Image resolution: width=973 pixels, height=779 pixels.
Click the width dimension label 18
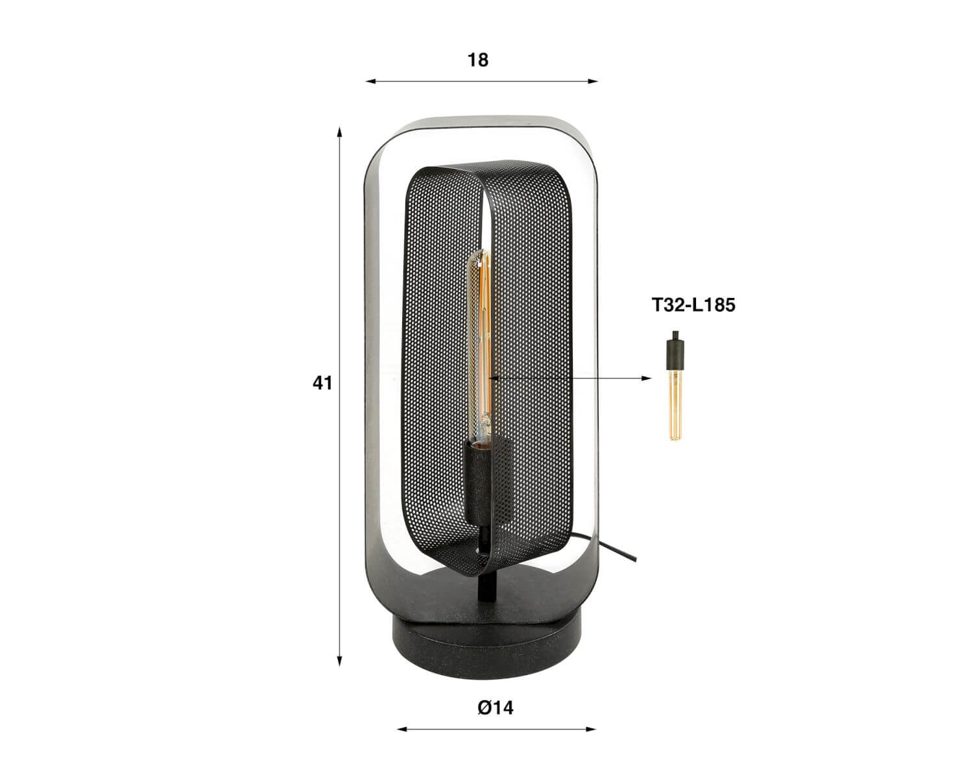point(478,60)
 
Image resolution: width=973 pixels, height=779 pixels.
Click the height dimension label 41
point(322,384)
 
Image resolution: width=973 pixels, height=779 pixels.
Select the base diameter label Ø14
point(496,708)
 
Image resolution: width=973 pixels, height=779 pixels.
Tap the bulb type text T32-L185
point(693,305)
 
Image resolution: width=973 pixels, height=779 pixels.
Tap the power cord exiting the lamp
point(608,550)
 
